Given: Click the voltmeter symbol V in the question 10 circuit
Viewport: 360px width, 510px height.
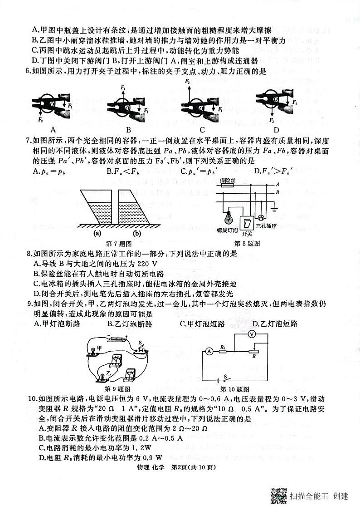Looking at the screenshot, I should click(x=253, y=333).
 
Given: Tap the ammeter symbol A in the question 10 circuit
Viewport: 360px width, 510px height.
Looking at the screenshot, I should click(x=209, y=351).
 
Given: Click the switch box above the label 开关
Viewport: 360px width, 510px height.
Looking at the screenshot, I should click(x=247, y=223).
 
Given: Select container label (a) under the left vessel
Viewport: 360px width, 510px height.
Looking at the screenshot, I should click(x=97, y=234).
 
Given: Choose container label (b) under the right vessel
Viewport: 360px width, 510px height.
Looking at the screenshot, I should click(x=136, y=234).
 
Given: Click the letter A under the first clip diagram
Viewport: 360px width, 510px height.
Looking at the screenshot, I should click(x=53, y=128).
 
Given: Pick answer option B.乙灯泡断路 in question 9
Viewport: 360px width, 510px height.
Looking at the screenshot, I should click(x=130, y=324).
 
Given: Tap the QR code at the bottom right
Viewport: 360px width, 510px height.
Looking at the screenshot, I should click(x=278, y=495).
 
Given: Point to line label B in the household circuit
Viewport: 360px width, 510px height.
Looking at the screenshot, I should click(x=277, y=192).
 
